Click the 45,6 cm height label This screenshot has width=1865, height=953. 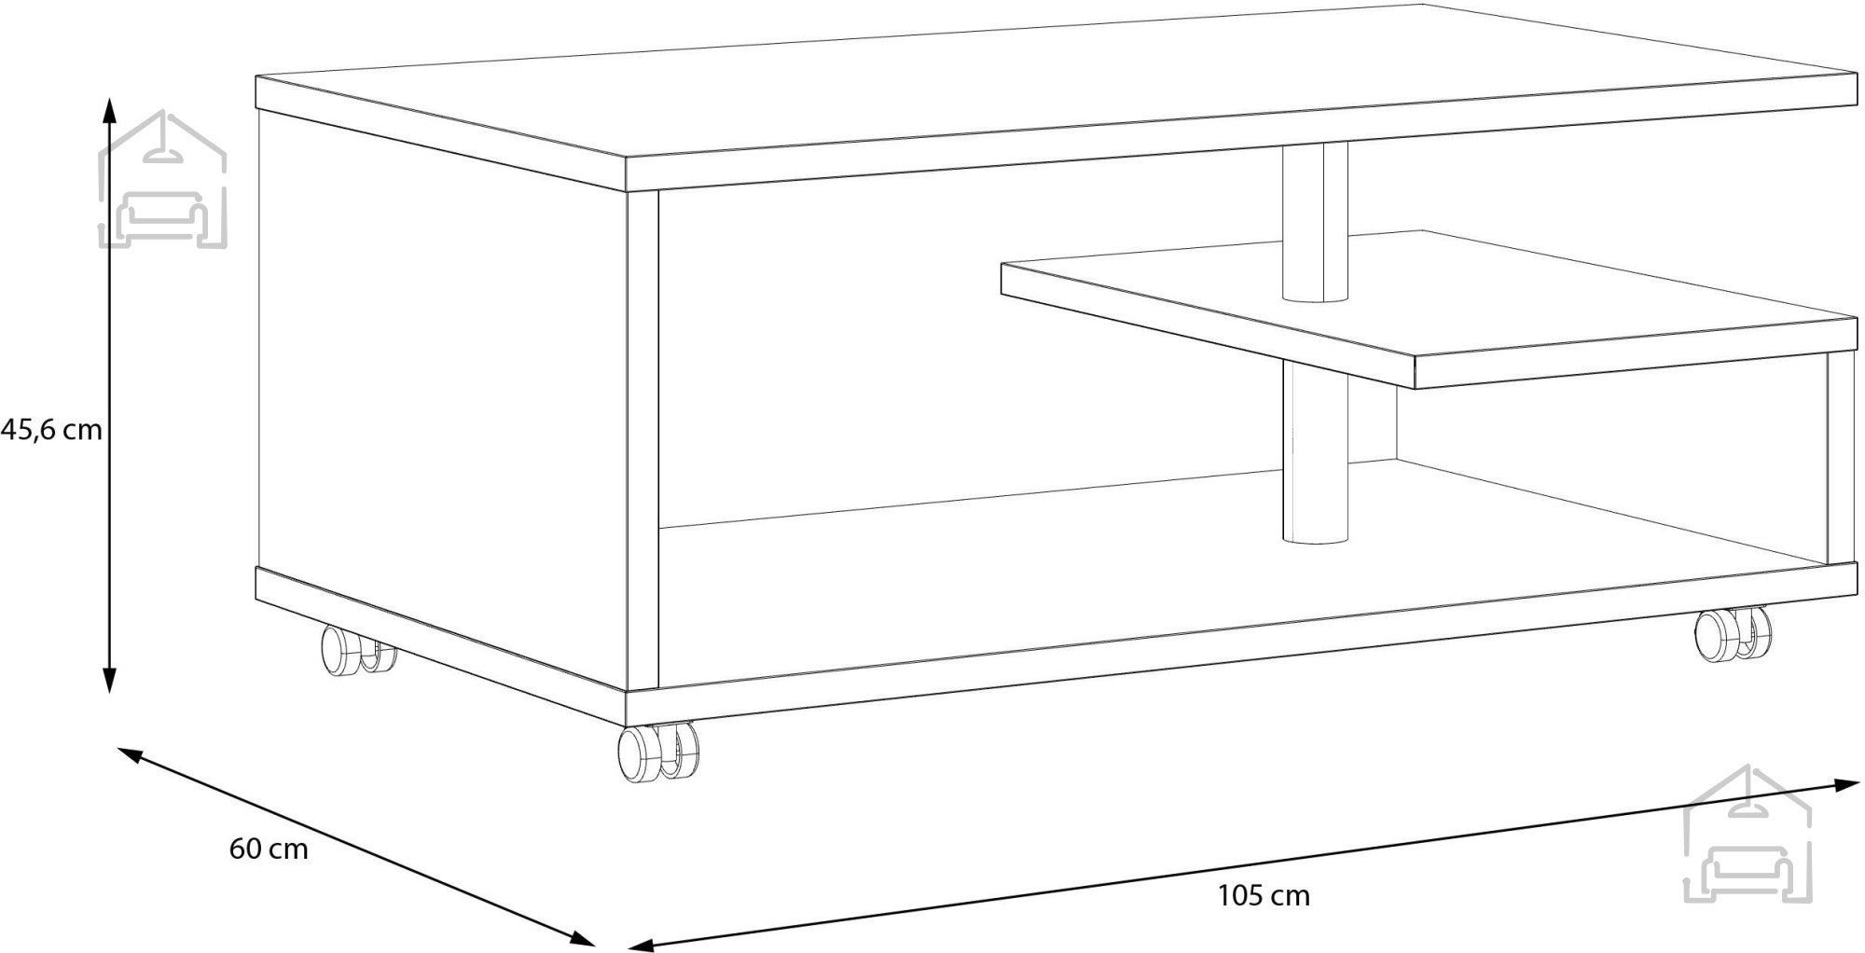coord(51,430)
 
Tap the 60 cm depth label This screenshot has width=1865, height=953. coord(269,849)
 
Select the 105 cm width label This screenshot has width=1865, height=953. coord(1264,896)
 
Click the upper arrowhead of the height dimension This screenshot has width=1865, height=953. coord(110,110)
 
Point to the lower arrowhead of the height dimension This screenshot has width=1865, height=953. coord(110,680)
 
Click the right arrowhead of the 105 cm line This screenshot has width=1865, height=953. coord(1847,785)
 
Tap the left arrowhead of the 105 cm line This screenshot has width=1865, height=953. coord(642,944)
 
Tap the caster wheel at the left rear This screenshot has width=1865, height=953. coord(357,649)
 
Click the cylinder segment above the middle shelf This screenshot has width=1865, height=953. coord(1315,223)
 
